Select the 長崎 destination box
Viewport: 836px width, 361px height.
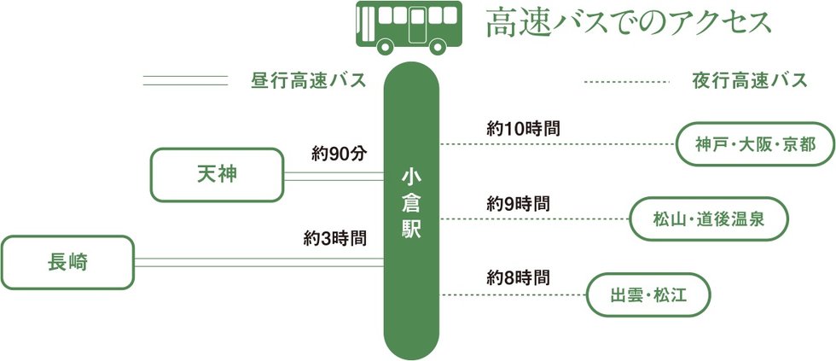click(x=68, y=261)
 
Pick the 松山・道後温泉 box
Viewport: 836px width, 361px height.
click(x=708, y=220)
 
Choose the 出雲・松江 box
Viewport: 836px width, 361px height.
click(x=648, y=295)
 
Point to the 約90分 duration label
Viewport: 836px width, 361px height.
click(x=339, y=154)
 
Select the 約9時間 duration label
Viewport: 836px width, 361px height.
click(x=518, y=204)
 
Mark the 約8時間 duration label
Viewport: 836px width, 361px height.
click(x=518, y=277)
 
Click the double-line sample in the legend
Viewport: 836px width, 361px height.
click(x=185, y=81)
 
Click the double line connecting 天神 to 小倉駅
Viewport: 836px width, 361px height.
click(x=334, y=176)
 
